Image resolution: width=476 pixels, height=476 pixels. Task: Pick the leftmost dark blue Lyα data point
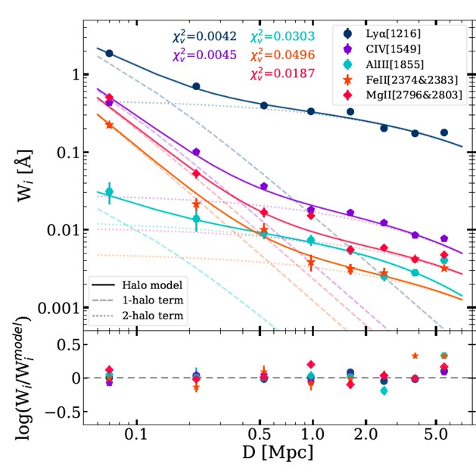[109, 53]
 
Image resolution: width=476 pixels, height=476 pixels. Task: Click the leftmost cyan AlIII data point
[109, 191]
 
